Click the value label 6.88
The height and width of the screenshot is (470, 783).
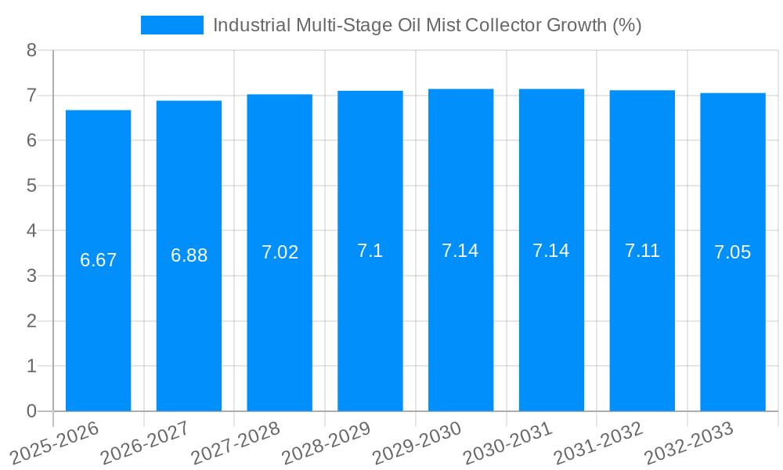pyautogui.click(x=189, y=255)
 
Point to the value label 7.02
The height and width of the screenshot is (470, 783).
pyautogui.click(x=280, y=252)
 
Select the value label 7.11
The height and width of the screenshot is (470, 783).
pyautogui.click(x=642, y=251)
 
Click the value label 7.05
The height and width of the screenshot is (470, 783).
pyautogui.click(x=733, y=252)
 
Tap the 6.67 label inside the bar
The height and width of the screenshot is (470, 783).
pyautogui.click(x=98, y=260)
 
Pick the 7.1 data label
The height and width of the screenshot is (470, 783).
pyautogui.click(x=370, y=251)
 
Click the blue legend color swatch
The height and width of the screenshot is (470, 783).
pyautogui.click(x=171, y=25)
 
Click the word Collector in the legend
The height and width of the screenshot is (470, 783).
pyautogui.click(x=497, y=25)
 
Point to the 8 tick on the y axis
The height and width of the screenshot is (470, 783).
pyautogui.click(x=31, y=51)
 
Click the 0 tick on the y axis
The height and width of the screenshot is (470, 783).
pyautogui.click(x=31, y=411)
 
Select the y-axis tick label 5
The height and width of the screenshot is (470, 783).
pyautogui.click(x=31, y=186)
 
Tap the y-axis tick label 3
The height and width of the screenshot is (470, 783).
pyautogui.click(x=31, y=276)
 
